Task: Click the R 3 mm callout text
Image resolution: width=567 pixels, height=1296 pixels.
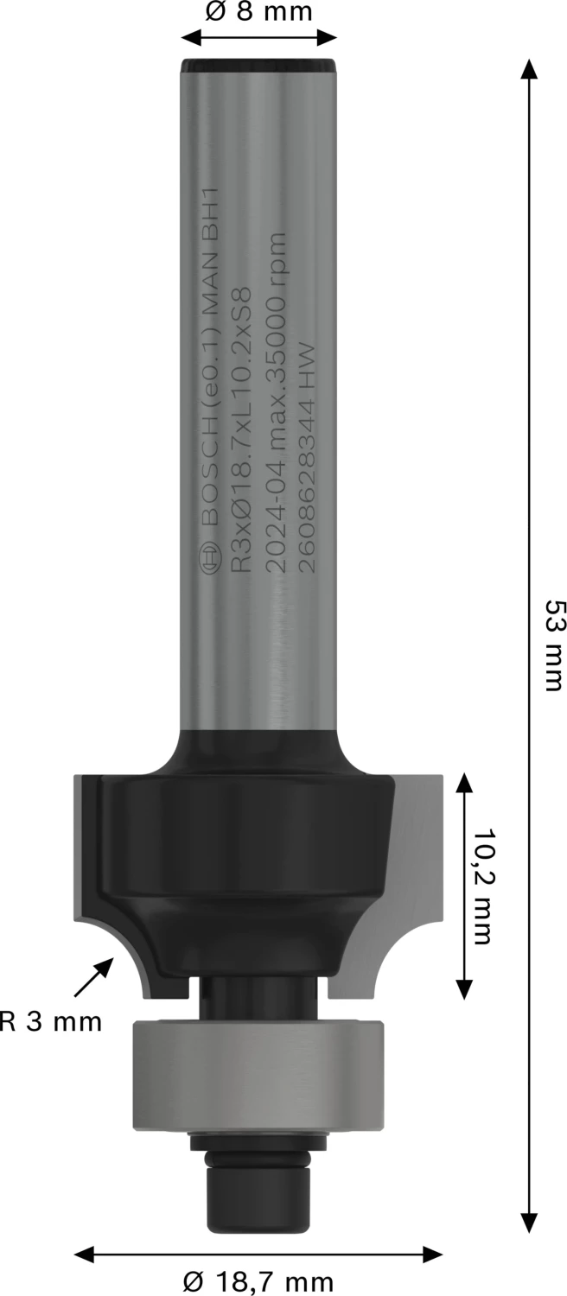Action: point(51,1022)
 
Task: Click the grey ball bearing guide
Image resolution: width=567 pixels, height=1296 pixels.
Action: point(258,1075)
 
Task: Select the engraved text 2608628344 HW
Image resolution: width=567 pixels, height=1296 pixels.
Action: point(303,458)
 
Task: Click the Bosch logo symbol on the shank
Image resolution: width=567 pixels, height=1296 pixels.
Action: point(208,557)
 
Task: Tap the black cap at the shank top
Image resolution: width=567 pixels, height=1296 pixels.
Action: point(258,66)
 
